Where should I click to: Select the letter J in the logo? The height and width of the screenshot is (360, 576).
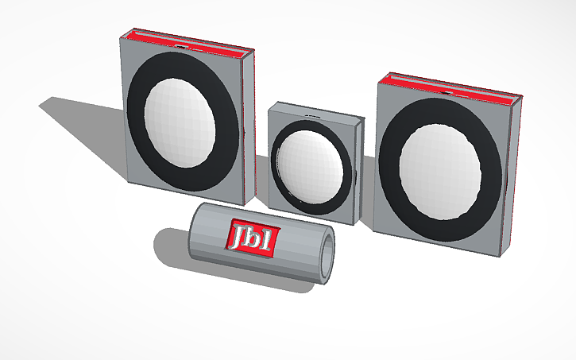click(238, 234)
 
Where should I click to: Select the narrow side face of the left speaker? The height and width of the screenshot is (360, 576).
click(248, 119)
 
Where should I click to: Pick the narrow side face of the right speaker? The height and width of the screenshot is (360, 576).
click(511, 175)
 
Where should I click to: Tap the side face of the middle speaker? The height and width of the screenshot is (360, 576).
click(358, 171)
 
